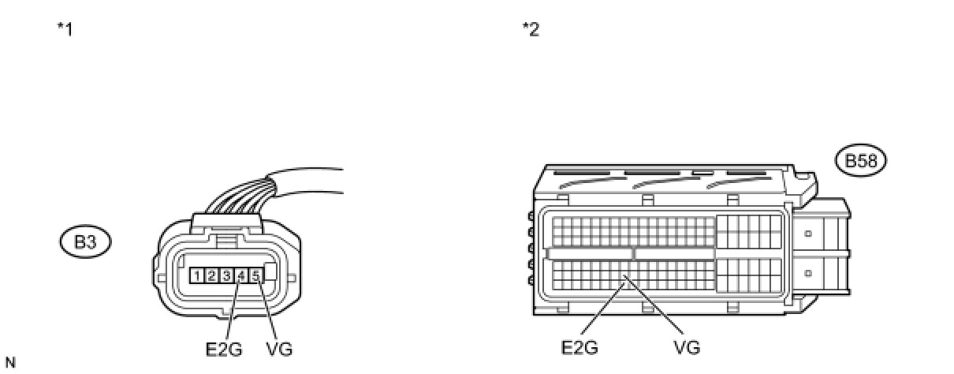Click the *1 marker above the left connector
pyautogui.click(x=65, y=31)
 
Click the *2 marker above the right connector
pyautogui.click(x=531, y=31)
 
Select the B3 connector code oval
pyautogui.click(x=85, y=242)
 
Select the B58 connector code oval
pyautogui.click(x=861, y=162)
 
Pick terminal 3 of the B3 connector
pyautogui.click(x=225, y=275)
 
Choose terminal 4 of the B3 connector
pyautogui.click(x=240, y=275)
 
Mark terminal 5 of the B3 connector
pyautogui.click(x=255, y=275)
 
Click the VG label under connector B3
pyautogui.click(x=280, y=349)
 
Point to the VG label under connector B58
pyautogui.click(x=687, y=347)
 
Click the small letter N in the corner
pyautogui.click(x=9, y=363)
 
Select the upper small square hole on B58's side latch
pyautogui.click(x=807, y=234)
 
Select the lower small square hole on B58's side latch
pyautogui.click(x=807, y=273)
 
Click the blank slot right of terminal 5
pyautogui.click(x=270, y=275)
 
